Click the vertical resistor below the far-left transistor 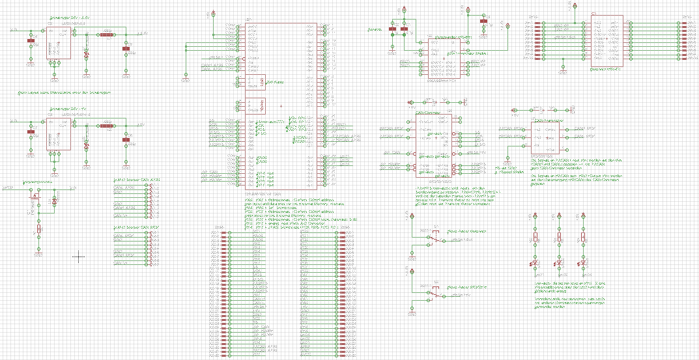[x=40, y=229]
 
